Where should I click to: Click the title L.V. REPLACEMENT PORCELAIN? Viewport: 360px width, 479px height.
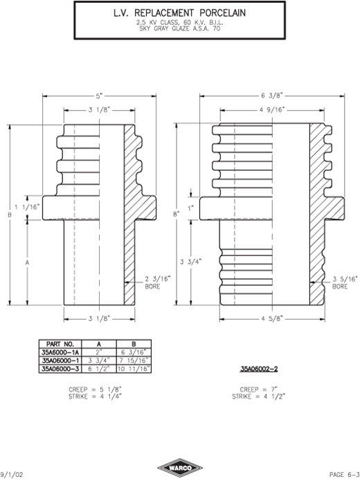coord(179,13)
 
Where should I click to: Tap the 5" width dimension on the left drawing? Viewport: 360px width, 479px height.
coord(99,96)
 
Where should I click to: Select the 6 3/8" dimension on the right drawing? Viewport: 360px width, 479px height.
coord(272,96)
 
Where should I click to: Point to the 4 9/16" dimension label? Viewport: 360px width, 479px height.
coord(272,109)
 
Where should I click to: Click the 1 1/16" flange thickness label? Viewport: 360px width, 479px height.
coord(28,207)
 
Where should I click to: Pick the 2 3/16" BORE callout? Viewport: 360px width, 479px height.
coord(157,282)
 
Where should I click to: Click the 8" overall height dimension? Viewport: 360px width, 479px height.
coord(177,213)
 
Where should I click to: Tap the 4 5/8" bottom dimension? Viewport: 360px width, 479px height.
coord(272,319)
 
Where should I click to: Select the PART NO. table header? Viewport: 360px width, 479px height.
coord(60,343)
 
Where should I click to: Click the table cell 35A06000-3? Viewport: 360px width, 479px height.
coord(60,369)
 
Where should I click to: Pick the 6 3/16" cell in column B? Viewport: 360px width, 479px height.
coord(134,352)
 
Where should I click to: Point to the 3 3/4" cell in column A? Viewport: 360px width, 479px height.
coord(99,360)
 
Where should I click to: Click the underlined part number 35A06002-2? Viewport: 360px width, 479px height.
coord(258,369)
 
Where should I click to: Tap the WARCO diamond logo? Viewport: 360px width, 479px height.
coord(180,468)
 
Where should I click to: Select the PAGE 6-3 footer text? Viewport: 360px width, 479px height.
coord(344,474)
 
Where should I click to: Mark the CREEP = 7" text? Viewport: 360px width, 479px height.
coord(258,390)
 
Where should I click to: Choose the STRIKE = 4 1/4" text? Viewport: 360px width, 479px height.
coord(95,397)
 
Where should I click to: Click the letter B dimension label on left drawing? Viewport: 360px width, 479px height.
coord(10,215)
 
